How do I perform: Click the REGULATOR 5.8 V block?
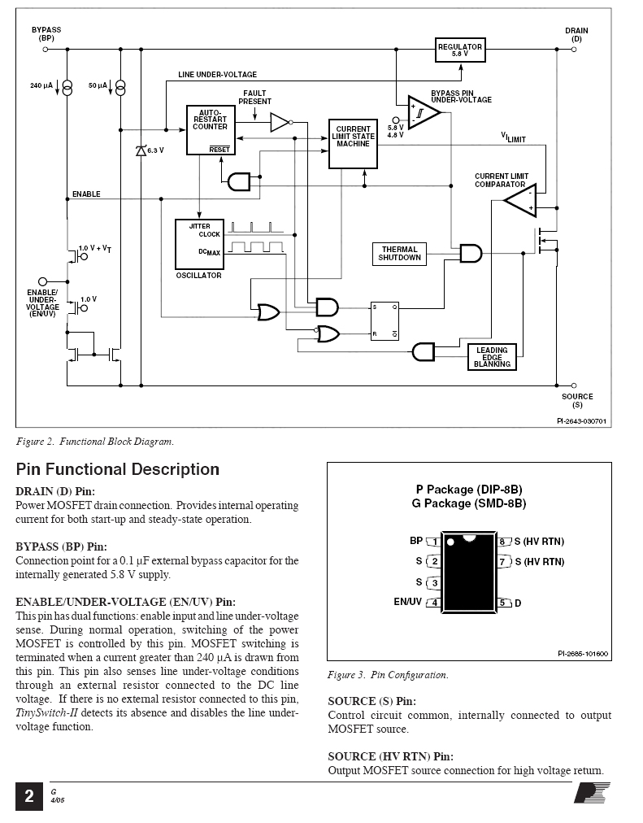(460, 50)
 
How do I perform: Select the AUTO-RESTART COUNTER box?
(211, 130)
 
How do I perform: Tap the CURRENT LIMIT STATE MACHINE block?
(353, 144)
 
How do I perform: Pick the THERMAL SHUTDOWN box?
(400, 254)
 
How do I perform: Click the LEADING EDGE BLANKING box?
(492, 357)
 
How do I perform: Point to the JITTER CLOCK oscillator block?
(199, 243)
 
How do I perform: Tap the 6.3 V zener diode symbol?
(141, 151)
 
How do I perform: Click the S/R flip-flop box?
(384, 320)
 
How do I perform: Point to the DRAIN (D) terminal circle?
(574, 50)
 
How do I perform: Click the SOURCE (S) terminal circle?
(574, 385)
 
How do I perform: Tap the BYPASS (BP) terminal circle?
(45, 50)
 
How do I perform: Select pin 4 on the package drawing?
(433, 603)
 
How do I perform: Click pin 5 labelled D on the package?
(503, 603)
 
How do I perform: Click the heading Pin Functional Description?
(118, 469)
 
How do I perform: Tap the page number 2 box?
(29, 795)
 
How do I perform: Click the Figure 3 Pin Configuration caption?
(388, 675)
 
